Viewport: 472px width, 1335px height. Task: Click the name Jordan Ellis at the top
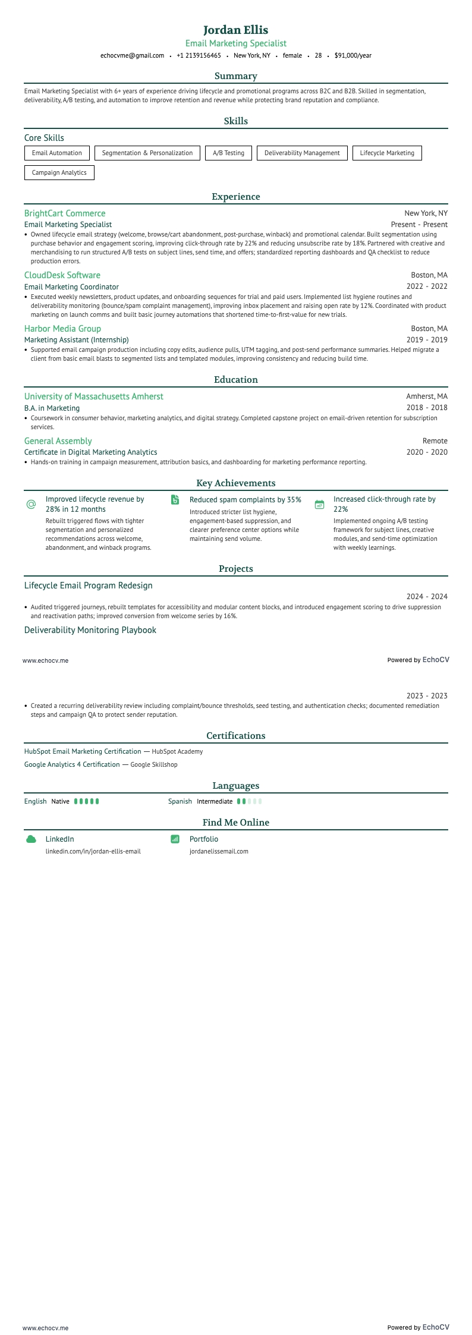tap(236, 30)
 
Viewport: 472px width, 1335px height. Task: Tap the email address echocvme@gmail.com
tap(132, 55)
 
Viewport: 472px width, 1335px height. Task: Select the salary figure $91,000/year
tap(353, 55)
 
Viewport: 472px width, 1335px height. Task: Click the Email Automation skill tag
tap(57, 153)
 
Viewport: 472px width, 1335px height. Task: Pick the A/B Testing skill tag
tap(228, 153)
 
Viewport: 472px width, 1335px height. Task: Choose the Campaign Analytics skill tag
tap(59, 172)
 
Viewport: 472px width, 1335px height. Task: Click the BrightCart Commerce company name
tap(65, 213)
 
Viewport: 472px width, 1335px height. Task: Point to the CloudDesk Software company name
tap(62, 275)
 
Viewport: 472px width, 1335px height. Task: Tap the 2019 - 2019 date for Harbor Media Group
tap(427, 340)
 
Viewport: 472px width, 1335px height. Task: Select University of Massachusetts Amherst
tap(93, 396)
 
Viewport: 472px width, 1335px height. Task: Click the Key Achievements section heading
tap(236, 483)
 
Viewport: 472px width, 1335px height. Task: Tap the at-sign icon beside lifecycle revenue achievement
tap(32, 504)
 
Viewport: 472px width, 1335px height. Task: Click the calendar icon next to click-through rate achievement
tap(319, 504)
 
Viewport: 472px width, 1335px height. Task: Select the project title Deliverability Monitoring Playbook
tap(90, 630)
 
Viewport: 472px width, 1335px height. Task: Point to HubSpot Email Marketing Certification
tap(83, 751)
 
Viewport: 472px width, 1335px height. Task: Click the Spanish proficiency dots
tap(249, 801)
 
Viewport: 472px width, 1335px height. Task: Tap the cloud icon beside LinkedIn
tap(32, 839)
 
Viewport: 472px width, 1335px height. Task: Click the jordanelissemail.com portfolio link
tap(219, 851)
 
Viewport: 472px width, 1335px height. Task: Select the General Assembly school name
tap(58, 441)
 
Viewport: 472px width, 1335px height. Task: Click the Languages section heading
tap(236, 786)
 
